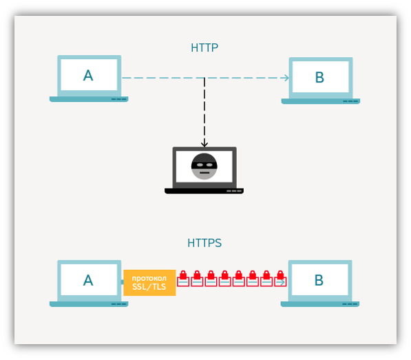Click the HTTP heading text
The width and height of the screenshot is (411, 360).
point(204,47)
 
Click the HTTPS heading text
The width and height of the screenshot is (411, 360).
point(204,243)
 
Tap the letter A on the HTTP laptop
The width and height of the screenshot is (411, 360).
point(88,76)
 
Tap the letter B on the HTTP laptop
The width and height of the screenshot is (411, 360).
point(319,77)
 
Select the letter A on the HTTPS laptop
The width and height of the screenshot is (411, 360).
point(88,280)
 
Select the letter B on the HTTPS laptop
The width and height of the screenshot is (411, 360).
point(319,280)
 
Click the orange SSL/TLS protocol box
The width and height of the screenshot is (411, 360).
point(149,283)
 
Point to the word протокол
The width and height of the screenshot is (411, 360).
point(149,278)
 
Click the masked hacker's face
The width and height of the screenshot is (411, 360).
point(204,167)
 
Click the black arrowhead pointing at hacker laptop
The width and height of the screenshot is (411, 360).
point(204,144)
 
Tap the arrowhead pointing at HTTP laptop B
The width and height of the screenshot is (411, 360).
point(286,78)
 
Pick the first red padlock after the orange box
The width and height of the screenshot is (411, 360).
point(183,279)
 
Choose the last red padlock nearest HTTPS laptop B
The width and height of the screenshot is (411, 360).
point(280,279)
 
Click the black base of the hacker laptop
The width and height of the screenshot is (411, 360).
point(204,191)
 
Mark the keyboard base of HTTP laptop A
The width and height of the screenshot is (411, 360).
point(89,99)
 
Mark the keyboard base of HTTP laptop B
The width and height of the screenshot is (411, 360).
point(321,101)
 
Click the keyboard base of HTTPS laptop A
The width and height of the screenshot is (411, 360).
point(89,304)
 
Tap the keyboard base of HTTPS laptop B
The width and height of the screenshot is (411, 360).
point(320,304)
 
